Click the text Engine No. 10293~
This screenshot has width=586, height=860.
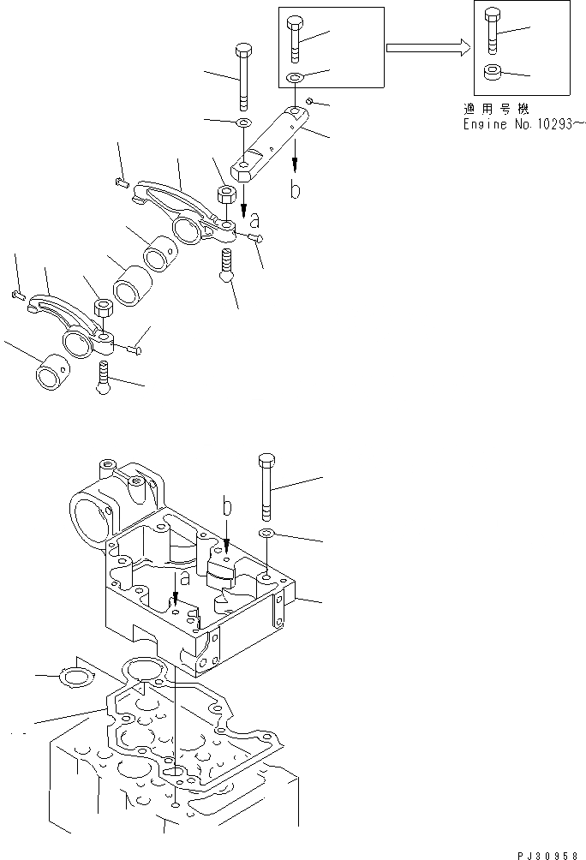pyautogui.click(x=522, y=125)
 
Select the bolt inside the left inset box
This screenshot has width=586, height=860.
pyautogui.click(x=296, y=38)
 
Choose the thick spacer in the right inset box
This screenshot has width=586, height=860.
pyautogui.click(x=492, y=73)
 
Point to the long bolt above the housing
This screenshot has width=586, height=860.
pyautogui.click(x=266, y=485)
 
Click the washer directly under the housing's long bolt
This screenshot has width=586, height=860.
pyautogui.click(x=266, y=535)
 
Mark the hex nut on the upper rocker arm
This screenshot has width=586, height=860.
pyautogui.click(x=227, y=195)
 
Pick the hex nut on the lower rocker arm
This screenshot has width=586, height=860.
pyautogui.click(x=101, y=308)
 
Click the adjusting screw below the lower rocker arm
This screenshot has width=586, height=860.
pyautogui.click(x=104, y=377)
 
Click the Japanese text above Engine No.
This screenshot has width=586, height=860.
pyautogui.click(x=493, y=110)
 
